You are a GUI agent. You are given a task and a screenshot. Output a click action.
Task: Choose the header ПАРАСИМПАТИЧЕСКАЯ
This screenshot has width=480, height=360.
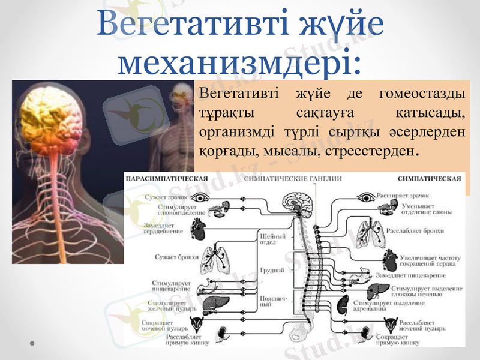[x=166, y=178]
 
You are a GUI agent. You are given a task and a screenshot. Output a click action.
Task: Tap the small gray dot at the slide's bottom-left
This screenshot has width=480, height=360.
[x=32, y=343]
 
